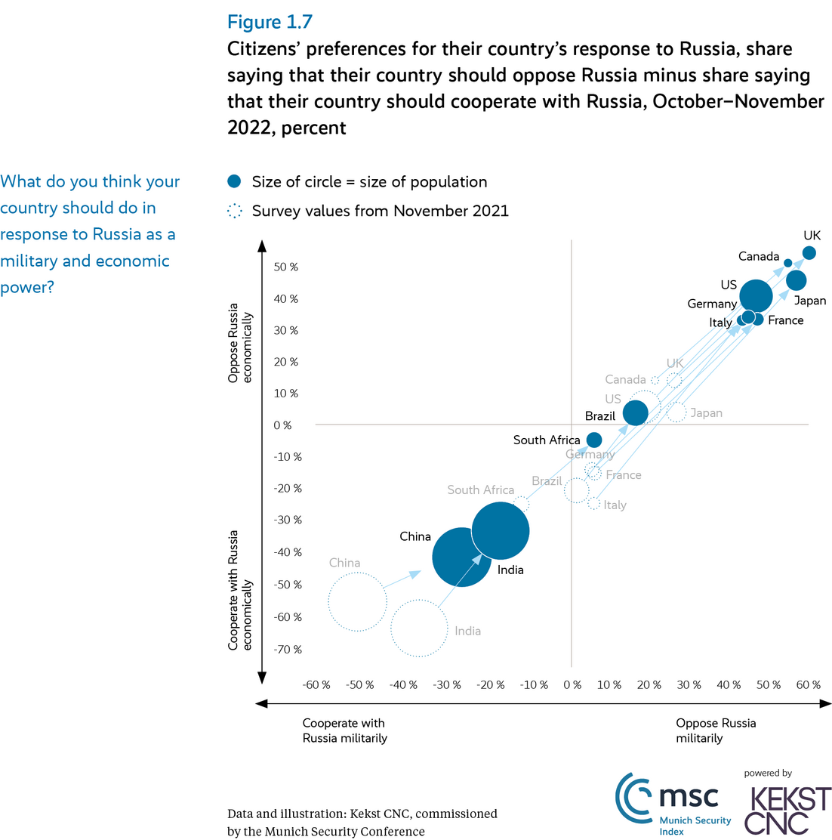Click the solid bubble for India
500,531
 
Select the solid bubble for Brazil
636,412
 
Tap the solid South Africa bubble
594,440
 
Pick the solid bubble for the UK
809,253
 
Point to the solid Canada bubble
787,263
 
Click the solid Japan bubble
796,280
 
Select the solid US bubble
756,295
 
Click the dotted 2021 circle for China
358,602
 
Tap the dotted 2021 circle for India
419,628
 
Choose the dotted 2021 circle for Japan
676,412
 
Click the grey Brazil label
547,481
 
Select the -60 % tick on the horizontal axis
316,685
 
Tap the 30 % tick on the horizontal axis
687,685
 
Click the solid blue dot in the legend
235,181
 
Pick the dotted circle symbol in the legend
235,211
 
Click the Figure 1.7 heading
270,22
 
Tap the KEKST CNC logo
788,809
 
